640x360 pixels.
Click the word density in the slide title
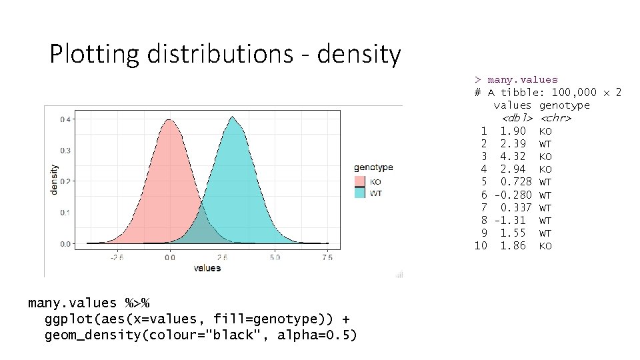tap(359, 55)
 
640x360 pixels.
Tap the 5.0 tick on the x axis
tap(275, 257)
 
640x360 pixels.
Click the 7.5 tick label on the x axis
tap(327, 257)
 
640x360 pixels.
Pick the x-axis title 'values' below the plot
tap(207, 268)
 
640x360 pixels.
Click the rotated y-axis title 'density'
tap(54, 181)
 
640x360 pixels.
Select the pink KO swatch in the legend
tap(359, 181)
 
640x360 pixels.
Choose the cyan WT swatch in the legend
tap(359, 193)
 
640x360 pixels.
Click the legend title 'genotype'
tap(373, 167)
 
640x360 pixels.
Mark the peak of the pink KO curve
tap(170, 121)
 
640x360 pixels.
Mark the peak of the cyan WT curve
tap(233, 117)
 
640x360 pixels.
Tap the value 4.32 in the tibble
tap(513, 157)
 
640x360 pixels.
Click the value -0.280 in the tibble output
tap(513, 195)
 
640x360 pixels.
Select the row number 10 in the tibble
tap(481, 246)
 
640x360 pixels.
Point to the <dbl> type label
tap(517, 118)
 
